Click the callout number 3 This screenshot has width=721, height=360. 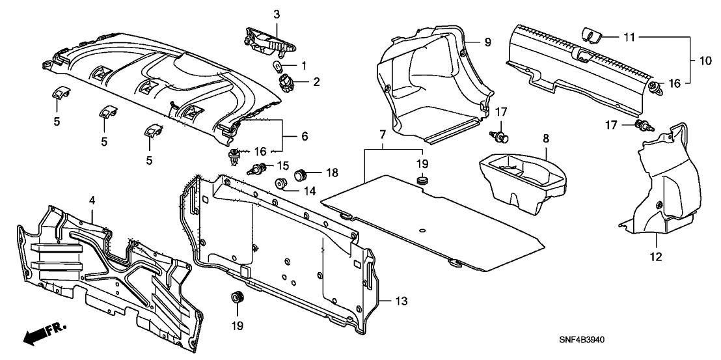pyautogui.click(x=276, y=14)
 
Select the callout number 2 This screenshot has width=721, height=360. pyautogui.click(x=317, y=82)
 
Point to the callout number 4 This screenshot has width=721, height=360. pyautogui.click(x=92, y=198)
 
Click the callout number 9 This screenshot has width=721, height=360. pyautogui.click(x=486, y=42)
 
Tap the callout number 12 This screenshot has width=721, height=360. pyautogui.click(x=655, y=257)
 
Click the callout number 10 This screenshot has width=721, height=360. pyautogui.click(x=705, y=61)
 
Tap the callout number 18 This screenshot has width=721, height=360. pyautogui.click(x=333, y=173)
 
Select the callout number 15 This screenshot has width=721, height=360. pyautogui.click(x=283, y=164)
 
